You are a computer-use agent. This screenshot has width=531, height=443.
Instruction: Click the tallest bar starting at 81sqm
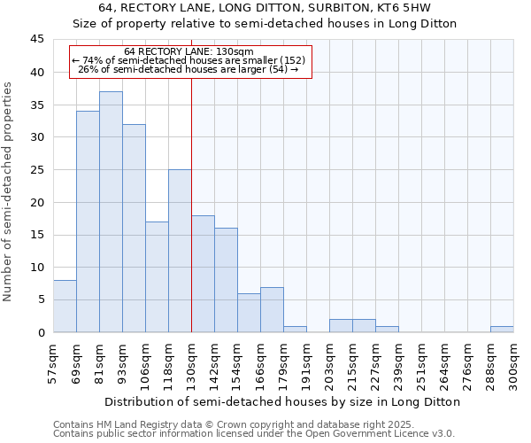(x=111, y=212)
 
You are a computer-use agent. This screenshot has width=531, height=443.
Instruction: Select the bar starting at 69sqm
(x=88, y=221)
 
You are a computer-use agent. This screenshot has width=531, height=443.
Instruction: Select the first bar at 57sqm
(x=65, y=307)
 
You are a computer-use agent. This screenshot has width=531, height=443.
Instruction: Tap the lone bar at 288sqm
(x=502, y=330)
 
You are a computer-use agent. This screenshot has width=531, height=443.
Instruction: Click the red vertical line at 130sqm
(x=191, y=204)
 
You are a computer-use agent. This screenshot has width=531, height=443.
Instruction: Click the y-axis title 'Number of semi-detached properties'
(x=8, y=191)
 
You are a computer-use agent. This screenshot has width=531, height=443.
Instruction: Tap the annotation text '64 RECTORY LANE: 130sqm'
(x=189, y=51)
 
